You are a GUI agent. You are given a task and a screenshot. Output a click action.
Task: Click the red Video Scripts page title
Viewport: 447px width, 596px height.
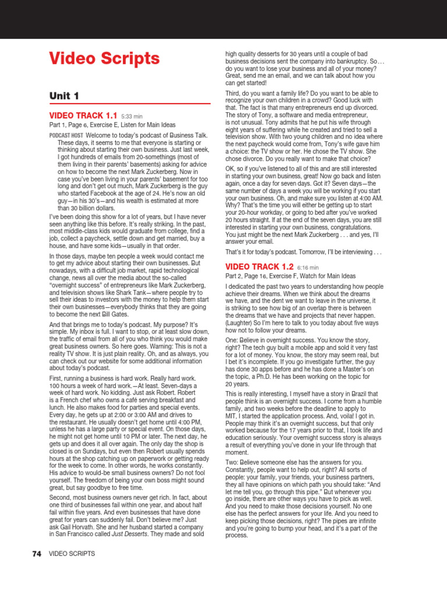pos(104,59)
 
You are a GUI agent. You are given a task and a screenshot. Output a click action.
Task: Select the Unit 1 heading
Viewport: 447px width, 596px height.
pos(64,95)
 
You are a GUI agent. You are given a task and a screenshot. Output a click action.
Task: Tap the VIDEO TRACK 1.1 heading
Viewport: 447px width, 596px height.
pos(83,116)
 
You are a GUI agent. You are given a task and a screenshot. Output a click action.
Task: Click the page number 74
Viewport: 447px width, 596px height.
pos(36,554)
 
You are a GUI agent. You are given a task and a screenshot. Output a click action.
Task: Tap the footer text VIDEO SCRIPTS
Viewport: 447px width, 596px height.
pos(72,554)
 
